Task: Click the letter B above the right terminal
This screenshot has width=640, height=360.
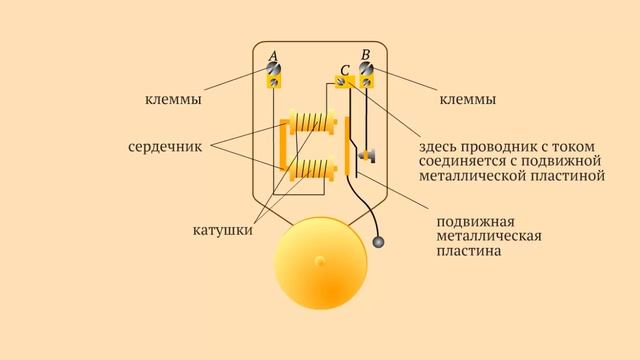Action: pos(366,53)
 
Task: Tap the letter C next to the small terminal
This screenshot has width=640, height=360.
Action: pos(344,70)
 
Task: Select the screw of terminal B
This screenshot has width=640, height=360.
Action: pos(366,71)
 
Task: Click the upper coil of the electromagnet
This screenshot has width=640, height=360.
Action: pos(312,127)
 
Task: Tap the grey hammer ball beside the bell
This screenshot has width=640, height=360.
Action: pos(379,241)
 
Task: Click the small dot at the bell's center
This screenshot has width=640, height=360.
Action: pos(320,262)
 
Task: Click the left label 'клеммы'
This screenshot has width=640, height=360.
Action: pos(173,101)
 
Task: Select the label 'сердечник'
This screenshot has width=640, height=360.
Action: pos(166,146)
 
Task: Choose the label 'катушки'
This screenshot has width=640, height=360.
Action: pos(221,231)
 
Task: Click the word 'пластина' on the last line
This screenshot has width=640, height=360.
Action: pos(469,254)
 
